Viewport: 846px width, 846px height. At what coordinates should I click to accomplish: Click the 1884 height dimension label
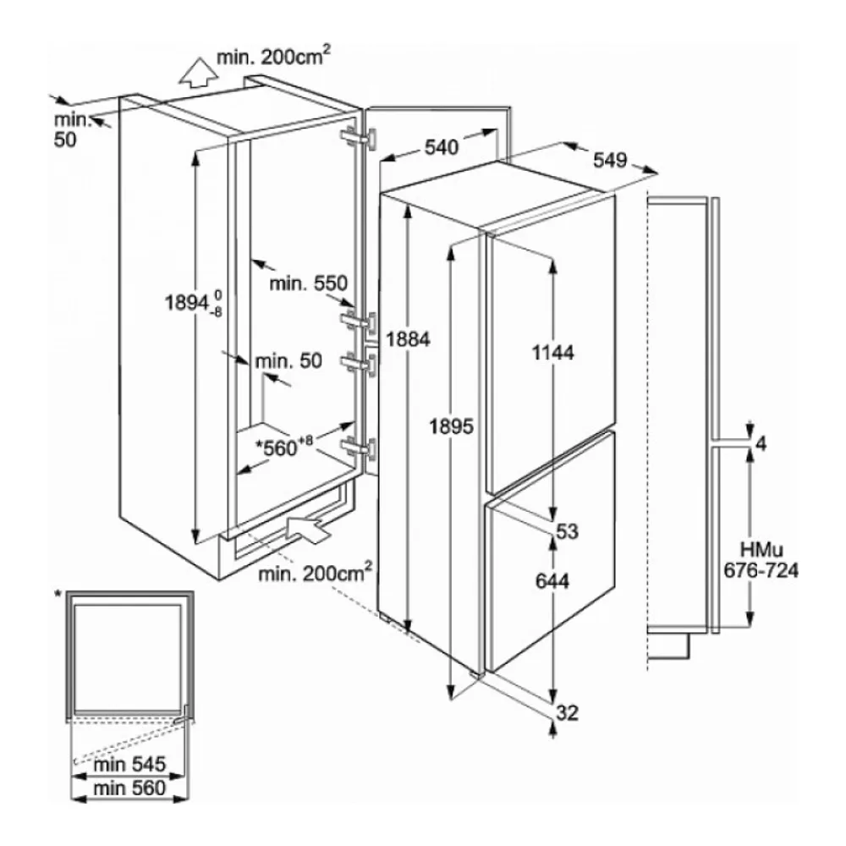[x=408, y=339]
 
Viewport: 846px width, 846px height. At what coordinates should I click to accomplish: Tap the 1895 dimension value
[x=451, y=426]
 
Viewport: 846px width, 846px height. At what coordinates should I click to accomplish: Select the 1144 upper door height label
[x=553, y=352]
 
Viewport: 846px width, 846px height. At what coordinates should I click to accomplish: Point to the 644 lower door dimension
[x=552, y=580]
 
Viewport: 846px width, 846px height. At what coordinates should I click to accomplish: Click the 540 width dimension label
[x=442, y=146]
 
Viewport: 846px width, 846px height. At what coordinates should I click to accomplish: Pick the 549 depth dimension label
[x=610, y=160]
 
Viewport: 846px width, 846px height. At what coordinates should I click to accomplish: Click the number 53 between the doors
[x=567, y=531]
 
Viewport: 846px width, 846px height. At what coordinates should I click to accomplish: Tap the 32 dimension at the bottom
[x=567, y=712]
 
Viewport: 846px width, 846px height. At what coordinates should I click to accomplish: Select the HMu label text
[x=761, y=551]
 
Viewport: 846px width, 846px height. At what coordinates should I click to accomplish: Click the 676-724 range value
[x=761, y=570]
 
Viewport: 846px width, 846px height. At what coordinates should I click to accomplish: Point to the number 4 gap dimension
[x=761, y=443]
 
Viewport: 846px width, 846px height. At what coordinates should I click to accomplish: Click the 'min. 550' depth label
[x=309, y=283]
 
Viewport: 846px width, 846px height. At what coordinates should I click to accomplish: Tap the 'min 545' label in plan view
[x=129, y=764]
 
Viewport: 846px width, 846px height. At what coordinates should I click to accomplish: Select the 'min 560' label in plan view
[x=129, y=788]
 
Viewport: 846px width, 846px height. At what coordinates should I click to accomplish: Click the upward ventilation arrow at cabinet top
[x=199, y=72]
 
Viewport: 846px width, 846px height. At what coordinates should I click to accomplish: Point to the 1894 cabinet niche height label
[x=193, y=303]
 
